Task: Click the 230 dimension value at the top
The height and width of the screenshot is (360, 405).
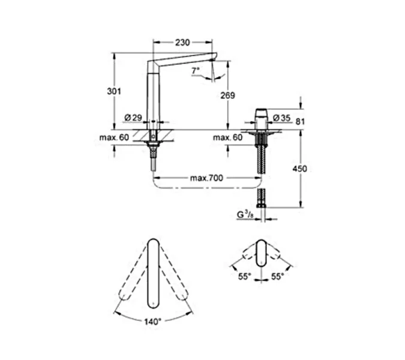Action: (x=182, y=43)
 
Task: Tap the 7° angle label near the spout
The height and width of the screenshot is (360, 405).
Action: (x=195, y=71)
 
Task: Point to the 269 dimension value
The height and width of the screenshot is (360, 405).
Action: (x=227, y=95)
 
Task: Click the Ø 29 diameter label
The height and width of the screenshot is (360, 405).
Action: (x=133, y=117)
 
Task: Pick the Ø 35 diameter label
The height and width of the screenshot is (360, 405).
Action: (x=281, y=117)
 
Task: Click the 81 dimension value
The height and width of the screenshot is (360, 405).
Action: (x=302, y=122)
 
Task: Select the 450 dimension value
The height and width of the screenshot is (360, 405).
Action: (x=299, y=169)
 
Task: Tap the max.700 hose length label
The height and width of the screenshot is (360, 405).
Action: (x=206, y=179)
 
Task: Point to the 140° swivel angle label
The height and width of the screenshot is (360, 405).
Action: (x=153, y=322)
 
